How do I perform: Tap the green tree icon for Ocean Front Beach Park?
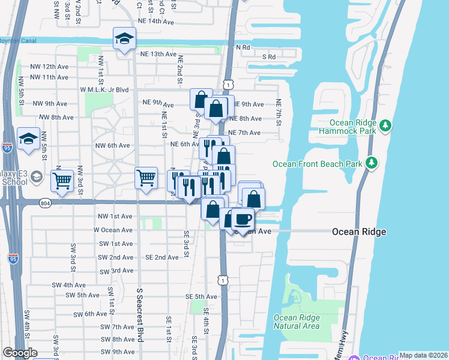pyautogui.click(x=372, y=163)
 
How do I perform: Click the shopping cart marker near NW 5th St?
pyautogui.click(x=62, y=179)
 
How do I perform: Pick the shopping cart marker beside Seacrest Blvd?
pyautogui.click(x=146, y=178)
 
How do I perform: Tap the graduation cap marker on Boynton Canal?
pyautogui.click(x=124, y=40)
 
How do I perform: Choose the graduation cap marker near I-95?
pyautogui.click(x=28, y=139)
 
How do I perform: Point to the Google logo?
pyautogui.click(x=19, y=353)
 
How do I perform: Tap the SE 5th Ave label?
pyautogui.click(x=200, y=296)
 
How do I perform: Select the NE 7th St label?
pyautogui.click(x=279, y=113)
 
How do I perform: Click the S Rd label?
pyautogui.click(x=268, y=57)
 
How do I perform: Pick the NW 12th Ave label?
pyautogui.click(x=51, y=67)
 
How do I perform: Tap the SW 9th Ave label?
pyautogui.click(x=118, y=352)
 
